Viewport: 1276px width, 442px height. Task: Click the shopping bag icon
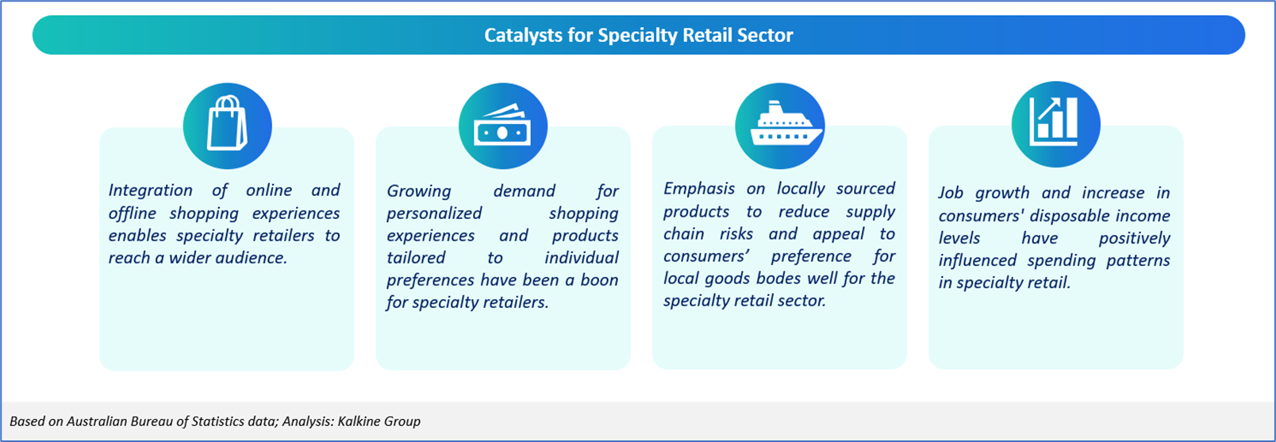coord(227,123)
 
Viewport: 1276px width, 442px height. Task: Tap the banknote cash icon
coord(502,125)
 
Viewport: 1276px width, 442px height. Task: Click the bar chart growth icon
coord(1054,121)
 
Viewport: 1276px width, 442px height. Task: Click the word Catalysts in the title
coord(524,36)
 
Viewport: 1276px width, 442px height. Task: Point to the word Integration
coord(151,190)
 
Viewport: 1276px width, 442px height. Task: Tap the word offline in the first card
coord(133,213)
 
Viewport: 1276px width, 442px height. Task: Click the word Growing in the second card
coord(419,190)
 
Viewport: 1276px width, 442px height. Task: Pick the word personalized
coord(434,213)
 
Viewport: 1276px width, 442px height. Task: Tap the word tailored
coord(416,257)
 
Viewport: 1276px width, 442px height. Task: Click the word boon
coord(599,279)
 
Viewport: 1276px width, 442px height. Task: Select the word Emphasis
coord(699,189)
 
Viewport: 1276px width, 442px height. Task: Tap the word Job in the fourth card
coord(951,193)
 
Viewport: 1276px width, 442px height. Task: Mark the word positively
coord(1135,238)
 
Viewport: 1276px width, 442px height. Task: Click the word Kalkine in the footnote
coord(359,421)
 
